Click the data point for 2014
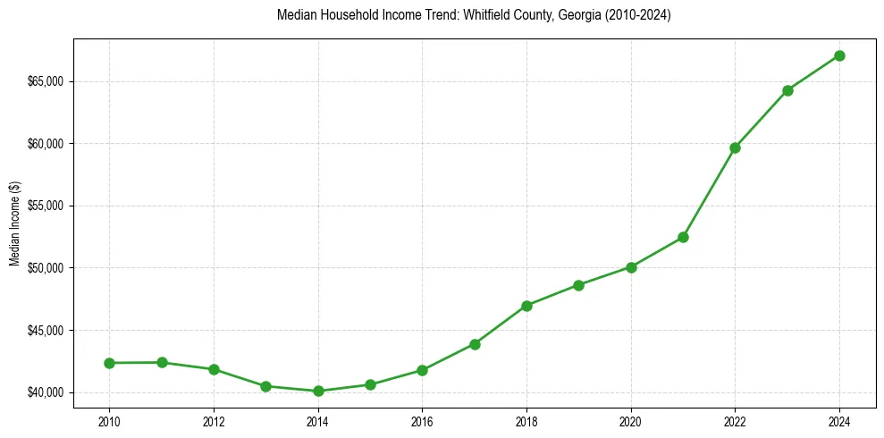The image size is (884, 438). pos(318,391)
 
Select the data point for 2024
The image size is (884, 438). pos(839,55)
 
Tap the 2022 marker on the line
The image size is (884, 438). pos(735,147)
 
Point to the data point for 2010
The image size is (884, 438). pos(109,363)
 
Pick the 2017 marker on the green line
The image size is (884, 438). pos(475,344)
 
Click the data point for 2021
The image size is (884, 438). pos(683,237)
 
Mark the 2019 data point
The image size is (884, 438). pos(578,285)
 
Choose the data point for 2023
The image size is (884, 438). pos(787,90)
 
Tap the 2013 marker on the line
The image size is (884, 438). pos(265,386)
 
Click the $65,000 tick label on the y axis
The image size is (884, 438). pos(49,81)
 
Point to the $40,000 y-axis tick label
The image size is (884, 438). pos(49,392)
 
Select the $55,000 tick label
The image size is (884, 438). pos(49,206)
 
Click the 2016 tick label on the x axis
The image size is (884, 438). pos(422,420)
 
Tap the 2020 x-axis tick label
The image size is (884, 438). pos(631,420)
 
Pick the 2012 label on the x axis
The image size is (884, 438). pos(214,420)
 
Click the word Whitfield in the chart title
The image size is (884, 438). pos(482,15)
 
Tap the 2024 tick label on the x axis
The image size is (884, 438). pos(839,420)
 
